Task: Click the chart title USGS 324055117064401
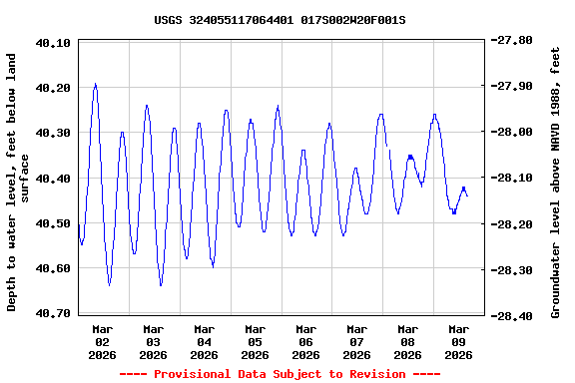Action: [x=280, y=19]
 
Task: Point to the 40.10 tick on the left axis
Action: [x=52, y=43]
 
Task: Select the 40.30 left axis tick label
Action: [x=52, y=133]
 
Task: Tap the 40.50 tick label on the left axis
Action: [x=52, y=223]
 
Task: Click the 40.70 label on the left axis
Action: [x=52, y=313]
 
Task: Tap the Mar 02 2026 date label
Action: [x=103, y=341]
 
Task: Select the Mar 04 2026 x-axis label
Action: [x=205, y=341]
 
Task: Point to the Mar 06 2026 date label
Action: [x=306, y=341]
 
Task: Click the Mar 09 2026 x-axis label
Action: [x=458, y=341]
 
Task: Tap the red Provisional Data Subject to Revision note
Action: [x=280, y=374]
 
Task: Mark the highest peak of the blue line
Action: [x=95, y=84]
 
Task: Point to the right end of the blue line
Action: [x=467, y=195]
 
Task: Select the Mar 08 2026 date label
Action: [x=407, y=341]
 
